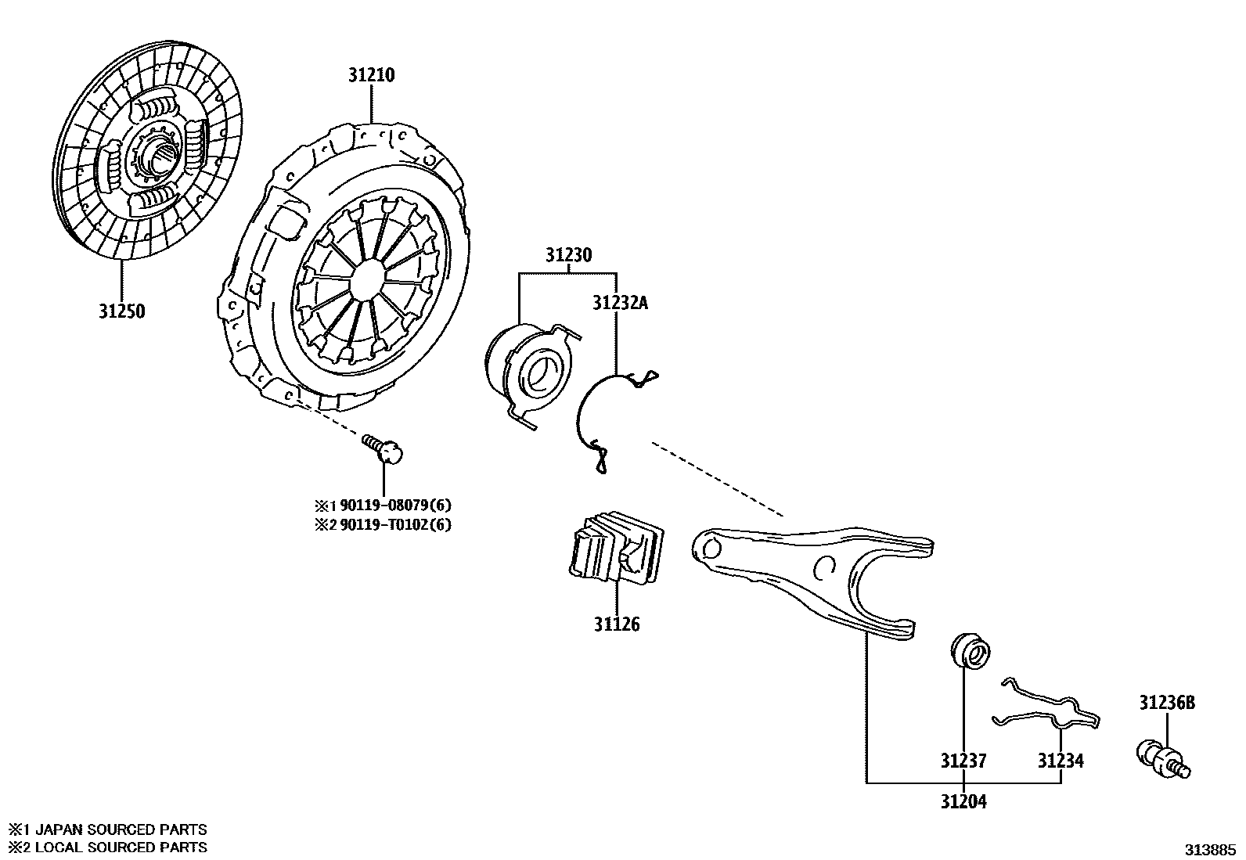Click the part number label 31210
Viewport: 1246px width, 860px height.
point(372,76)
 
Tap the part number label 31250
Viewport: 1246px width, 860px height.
point(122,311)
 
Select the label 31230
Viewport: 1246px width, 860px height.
point(568,255)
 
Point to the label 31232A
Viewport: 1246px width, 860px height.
point(620,303)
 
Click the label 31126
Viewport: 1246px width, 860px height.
point(616,624)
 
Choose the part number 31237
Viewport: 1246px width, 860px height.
point(963,761)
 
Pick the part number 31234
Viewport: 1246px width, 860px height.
point(1061,761)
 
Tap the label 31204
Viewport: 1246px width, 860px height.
point(963,802)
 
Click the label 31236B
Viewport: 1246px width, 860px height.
point(1167,703)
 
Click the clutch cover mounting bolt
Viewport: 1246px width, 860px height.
point(384,450)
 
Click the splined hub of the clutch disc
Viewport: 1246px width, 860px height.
point(161,160)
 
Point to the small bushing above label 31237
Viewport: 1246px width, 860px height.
point(971,651)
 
